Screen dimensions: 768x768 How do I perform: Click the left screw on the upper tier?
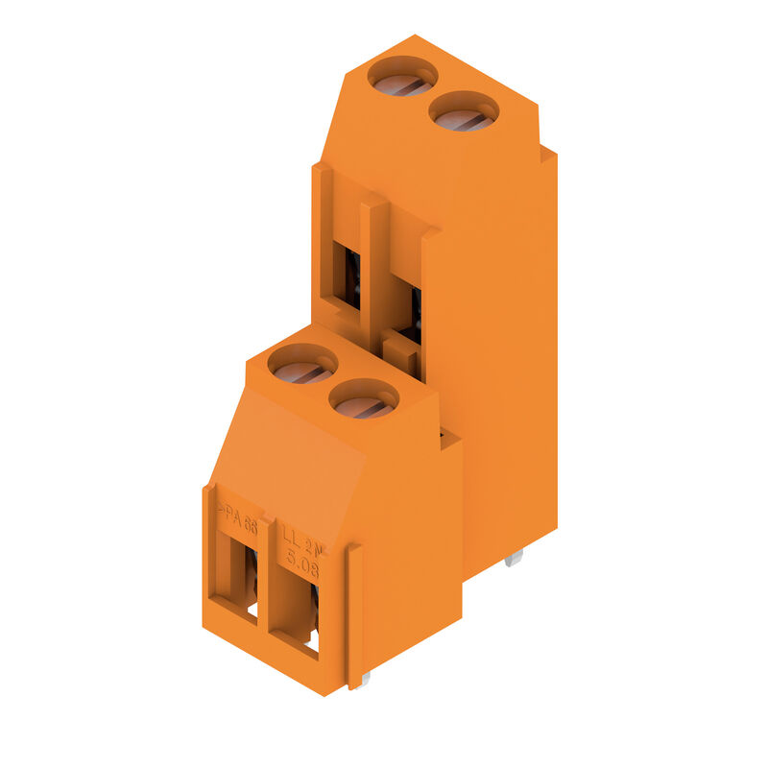tap(402, 77)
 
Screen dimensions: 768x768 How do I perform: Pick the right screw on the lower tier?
tap(364, 399)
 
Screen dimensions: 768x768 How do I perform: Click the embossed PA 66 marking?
tap(236, 517)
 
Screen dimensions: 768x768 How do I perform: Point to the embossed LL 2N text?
tap(301, 543)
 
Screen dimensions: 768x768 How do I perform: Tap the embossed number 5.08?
tap(301, 565)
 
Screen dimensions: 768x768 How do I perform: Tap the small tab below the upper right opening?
tap(401, 356)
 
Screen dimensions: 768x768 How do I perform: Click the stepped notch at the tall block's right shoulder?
tap(547, 154)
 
